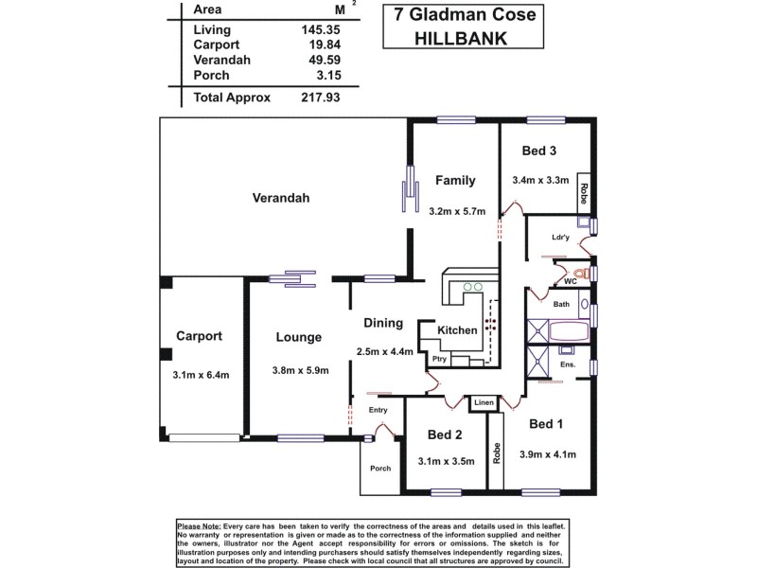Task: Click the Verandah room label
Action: tap(282, 198)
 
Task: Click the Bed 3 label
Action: tap(539, 151)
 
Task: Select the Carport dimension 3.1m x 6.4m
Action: tap(201, 375)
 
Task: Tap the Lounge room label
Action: tap(299, 337)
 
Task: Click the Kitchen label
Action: tap(456, 329)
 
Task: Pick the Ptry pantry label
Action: tap(439, 359)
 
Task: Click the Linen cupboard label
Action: tap(483, 403)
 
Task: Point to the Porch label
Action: tap(380, 468)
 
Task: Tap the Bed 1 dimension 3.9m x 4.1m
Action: tap(548, 454)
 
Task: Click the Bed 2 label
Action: tap(444, 435)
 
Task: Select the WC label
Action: tap(570, 281)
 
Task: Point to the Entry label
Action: tap(378, 410)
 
